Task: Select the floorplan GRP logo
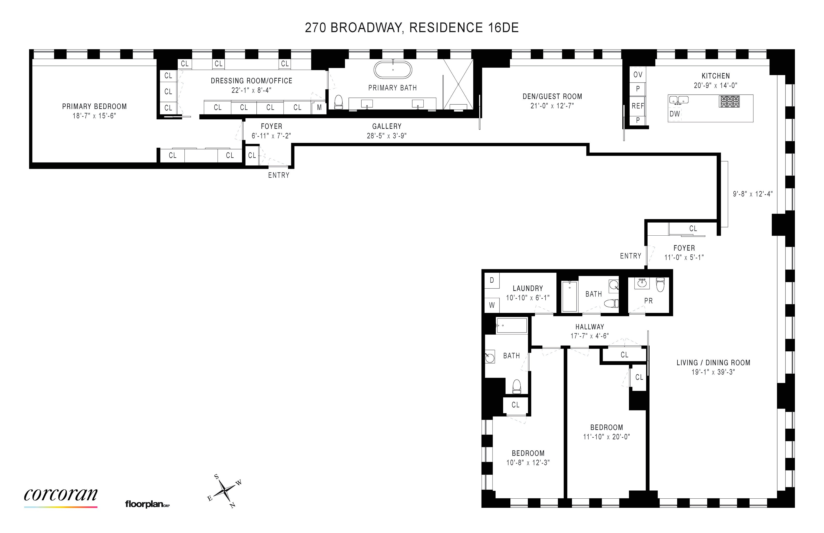pyautogui.click(x=147, y=504)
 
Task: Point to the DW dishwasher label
pyautogui.click(x=675, y=114)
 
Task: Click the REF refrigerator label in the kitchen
pyautogui.click(x=638, y=106)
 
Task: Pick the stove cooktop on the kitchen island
pyautogui.click(x=729, y=101)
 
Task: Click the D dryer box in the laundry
pyautogui.click(x=492, y=280)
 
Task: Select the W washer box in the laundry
pyautogui.click(x=492, y=305)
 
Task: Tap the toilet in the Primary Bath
pyautogui.click(x=338, y=102)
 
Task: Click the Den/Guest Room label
pyautogui.click(x=552, y=96)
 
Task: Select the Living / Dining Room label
pyautogui.click(x=713, y=363)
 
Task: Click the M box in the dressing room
pyautogui.click(x=319, y=108)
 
